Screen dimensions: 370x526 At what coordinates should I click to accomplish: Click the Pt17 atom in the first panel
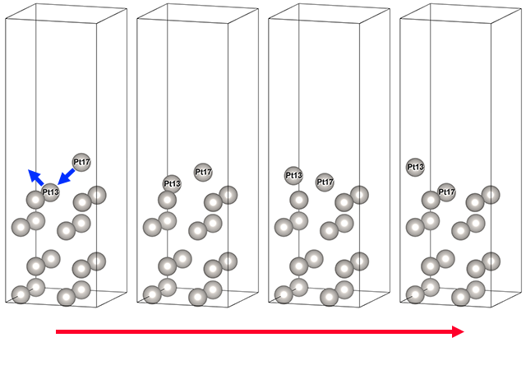[81, 162]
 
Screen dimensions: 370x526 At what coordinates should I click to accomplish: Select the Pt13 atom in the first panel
[50, 192]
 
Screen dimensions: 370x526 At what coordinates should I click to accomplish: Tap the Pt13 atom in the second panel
[171, 183]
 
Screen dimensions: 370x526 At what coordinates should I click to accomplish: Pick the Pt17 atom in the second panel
[203, 172]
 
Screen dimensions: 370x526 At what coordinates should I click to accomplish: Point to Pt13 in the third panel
[293, 175]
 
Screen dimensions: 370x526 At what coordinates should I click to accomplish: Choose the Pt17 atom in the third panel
[325, 182]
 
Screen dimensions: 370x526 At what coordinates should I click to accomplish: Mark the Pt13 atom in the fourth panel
[415, 167]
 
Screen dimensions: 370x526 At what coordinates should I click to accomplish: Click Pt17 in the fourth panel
[445, 192]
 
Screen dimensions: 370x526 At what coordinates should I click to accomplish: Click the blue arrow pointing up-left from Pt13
[37, 178]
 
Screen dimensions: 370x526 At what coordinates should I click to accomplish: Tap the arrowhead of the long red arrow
[458, 331]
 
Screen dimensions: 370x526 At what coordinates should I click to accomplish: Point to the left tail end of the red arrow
[58, 331]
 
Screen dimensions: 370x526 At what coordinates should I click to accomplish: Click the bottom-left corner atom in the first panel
[21, 294]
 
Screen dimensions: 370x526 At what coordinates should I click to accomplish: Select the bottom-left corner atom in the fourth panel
[415, 294]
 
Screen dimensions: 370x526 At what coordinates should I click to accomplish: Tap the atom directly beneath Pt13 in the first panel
[35, 200]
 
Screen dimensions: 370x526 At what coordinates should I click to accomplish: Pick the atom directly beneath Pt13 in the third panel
[299, 200]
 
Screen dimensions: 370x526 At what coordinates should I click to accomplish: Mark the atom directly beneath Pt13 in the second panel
[168, 200]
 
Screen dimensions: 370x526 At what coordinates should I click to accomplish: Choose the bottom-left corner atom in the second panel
[152, 294]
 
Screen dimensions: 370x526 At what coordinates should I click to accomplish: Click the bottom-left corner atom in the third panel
[284, 294]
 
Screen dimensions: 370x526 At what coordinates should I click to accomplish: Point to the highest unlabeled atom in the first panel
[97, 195]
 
